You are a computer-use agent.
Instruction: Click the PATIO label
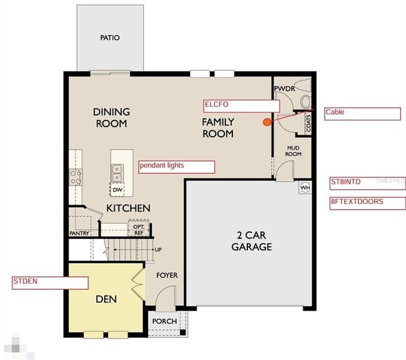(x=109, y=38)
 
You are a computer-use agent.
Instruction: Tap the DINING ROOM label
(x=112, y=117)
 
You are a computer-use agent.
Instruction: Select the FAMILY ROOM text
(x=217, y=128)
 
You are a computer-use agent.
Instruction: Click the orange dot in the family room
(x=267, y=122)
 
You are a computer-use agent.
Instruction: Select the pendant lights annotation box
(x=176, y=167)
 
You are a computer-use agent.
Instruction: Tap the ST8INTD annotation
(x=367, y=183)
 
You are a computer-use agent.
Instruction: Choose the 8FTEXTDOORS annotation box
(x=367, y=203)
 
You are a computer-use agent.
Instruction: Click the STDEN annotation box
(x=50, y=282)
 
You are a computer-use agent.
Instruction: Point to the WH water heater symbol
(x=305, y=187)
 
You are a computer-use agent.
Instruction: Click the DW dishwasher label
(x=117, y=189)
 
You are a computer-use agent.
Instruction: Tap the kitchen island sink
(x=117, y=169)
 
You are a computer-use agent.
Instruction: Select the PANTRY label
(x=79, y=234)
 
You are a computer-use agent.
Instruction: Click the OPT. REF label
(x=139, y=230)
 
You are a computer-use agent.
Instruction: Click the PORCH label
(x=165, y=321)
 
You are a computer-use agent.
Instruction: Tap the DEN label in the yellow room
(x=106, y=299)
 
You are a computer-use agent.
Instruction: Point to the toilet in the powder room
(x=304, y=99)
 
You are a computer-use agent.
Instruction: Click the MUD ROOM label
(x=294, y=150)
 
